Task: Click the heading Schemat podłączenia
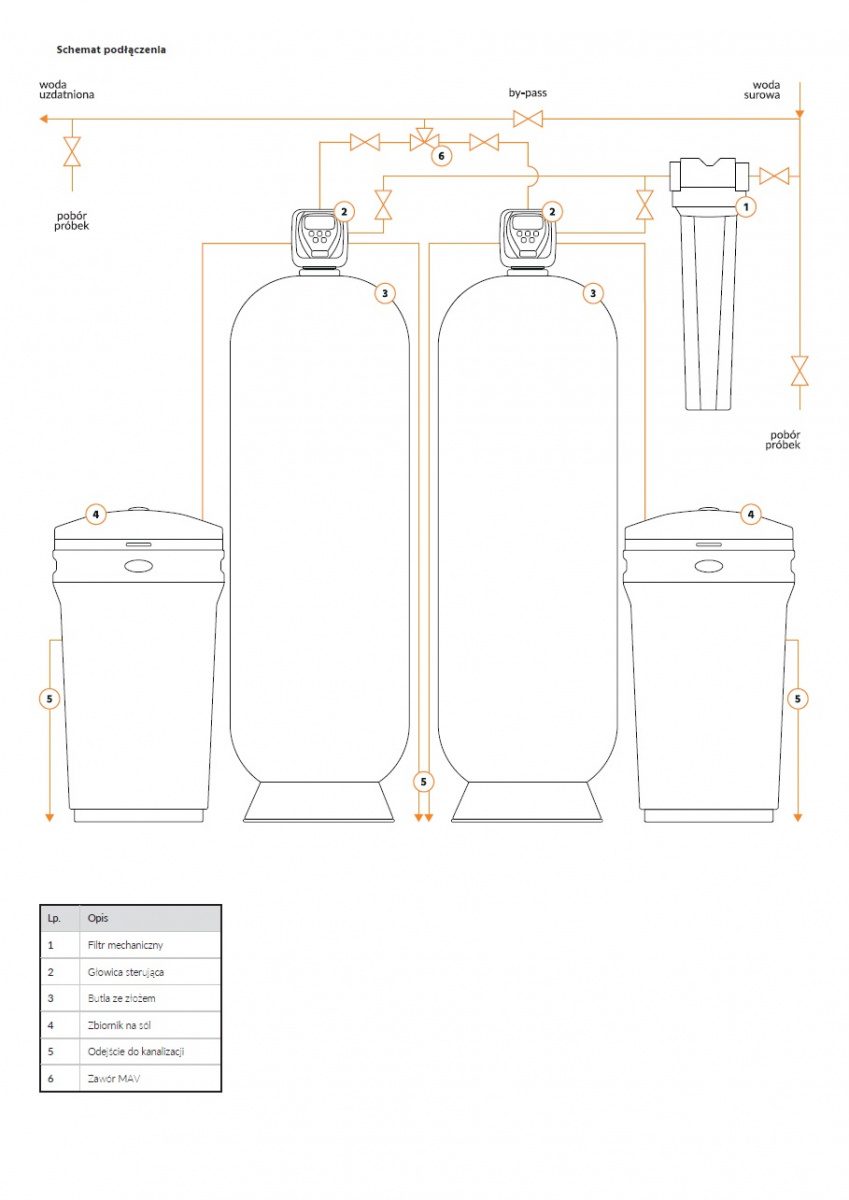[x=111, y=50]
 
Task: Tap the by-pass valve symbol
[x=528, y=118]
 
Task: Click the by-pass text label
[x=528, y=93]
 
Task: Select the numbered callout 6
[x=441, y=156]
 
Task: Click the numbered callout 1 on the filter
[x=746, y=206]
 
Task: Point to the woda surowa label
[x=762, y=90]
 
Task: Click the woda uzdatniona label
[x=66, y=89]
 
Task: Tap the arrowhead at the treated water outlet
[x=44, y=118]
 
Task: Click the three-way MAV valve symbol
[x=425, y=139]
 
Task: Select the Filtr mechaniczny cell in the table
[x=125, y=945]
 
